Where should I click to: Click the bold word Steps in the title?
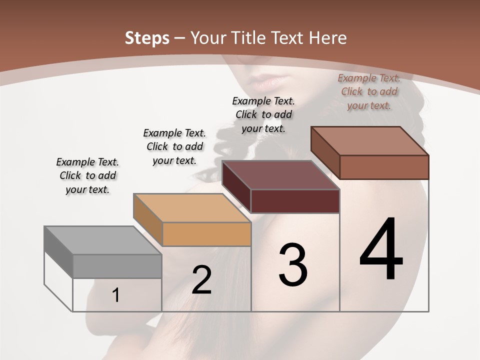pyautogui.click(x=146, y=38)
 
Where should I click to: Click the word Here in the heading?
pyautogui.click(x=327, y=38)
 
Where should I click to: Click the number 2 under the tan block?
pyautogui.click(x=201, y=279)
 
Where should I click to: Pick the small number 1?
pyautogui.click(x=116, y=295)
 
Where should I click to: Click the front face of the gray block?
pyautogui.click(x=117, y=266)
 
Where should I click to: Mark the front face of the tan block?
pyautogui.click(x=206, y=234)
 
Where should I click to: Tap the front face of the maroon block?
pyautogui.click(x=295, y=201)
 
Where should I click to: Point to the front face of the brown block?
pyautogui.click(x=384, y=167)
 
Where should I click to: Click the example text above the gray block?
pyautogui.click(x=87, y=175)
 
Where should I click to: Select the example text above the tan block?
pyautogui.click(x=174, y=146)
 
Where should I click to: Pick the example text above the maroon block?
pyautogui.click(x=263, y=114)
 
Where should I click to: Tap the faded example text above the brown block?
pyautogui.click(x=369, y=91)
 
